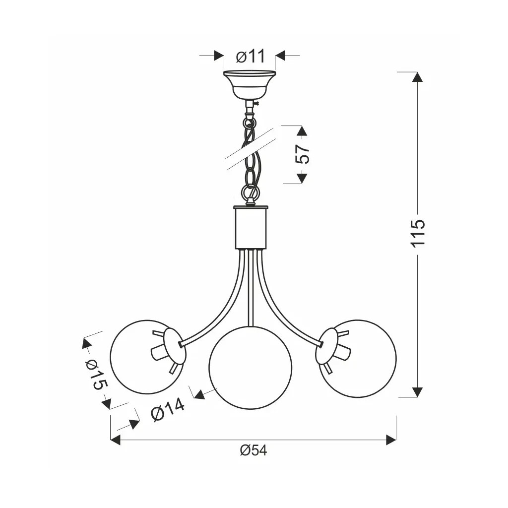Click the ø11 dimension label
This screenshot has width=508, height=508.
[x=251, y=56]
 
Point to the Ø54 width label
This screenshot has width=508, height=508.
[x=254, y=450]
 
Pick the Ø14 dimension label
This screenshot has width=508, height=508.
[x=168, y=409]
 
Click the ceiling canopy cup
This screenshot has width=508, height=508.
[x=250, y=84]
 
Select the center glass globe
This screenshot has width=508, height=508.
[x=250, y=369]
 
